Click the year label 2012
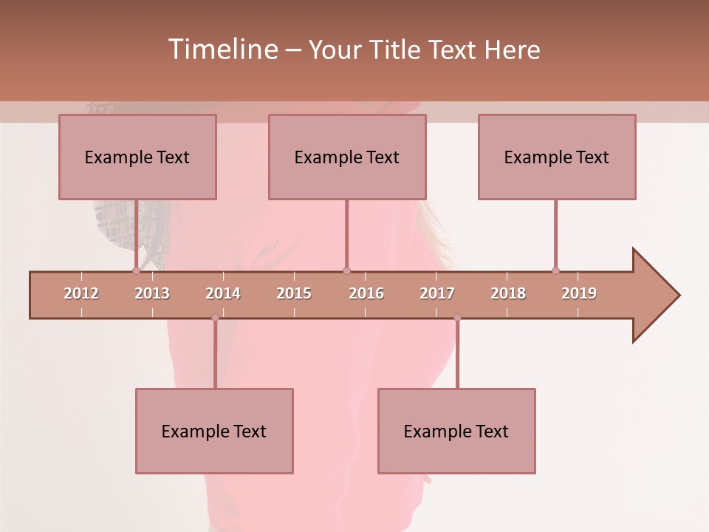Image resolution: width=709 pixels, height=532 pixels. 81,293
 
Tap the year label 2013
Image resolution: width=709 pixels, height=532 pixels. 152,293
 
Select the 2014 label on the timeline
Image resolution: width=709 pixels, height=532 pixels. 223,293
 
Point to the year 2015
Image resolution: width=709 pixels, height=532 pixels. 294,293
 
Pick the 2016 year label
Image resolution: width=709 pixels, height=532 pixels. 366,293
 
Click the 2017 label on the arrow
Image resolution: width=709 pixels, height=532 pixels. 437,293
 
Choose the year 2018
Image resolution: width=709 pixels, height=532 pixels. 508,293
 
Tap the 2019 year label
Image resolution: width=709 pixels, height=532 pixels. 579,293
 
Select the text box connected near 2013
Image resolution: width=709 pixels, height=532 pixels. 137,157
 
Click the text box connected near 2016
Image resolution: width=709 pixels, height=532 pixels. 347,157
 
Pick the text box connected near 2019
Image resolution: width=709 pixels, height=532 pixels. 557,157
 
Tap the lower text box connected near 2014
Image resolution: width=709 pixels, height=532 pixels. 214,431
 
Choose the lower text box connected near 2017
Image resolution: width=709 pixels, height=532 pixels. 456,431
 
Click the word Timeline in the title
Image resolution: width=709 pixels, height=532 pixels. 222,50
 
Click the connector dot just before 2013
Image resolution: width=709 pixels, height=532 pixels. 136,270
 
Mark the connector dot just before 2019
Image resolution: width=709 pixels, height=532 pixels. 555,270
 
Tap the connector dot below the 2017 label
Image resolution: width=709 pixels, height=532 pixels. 457,318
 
